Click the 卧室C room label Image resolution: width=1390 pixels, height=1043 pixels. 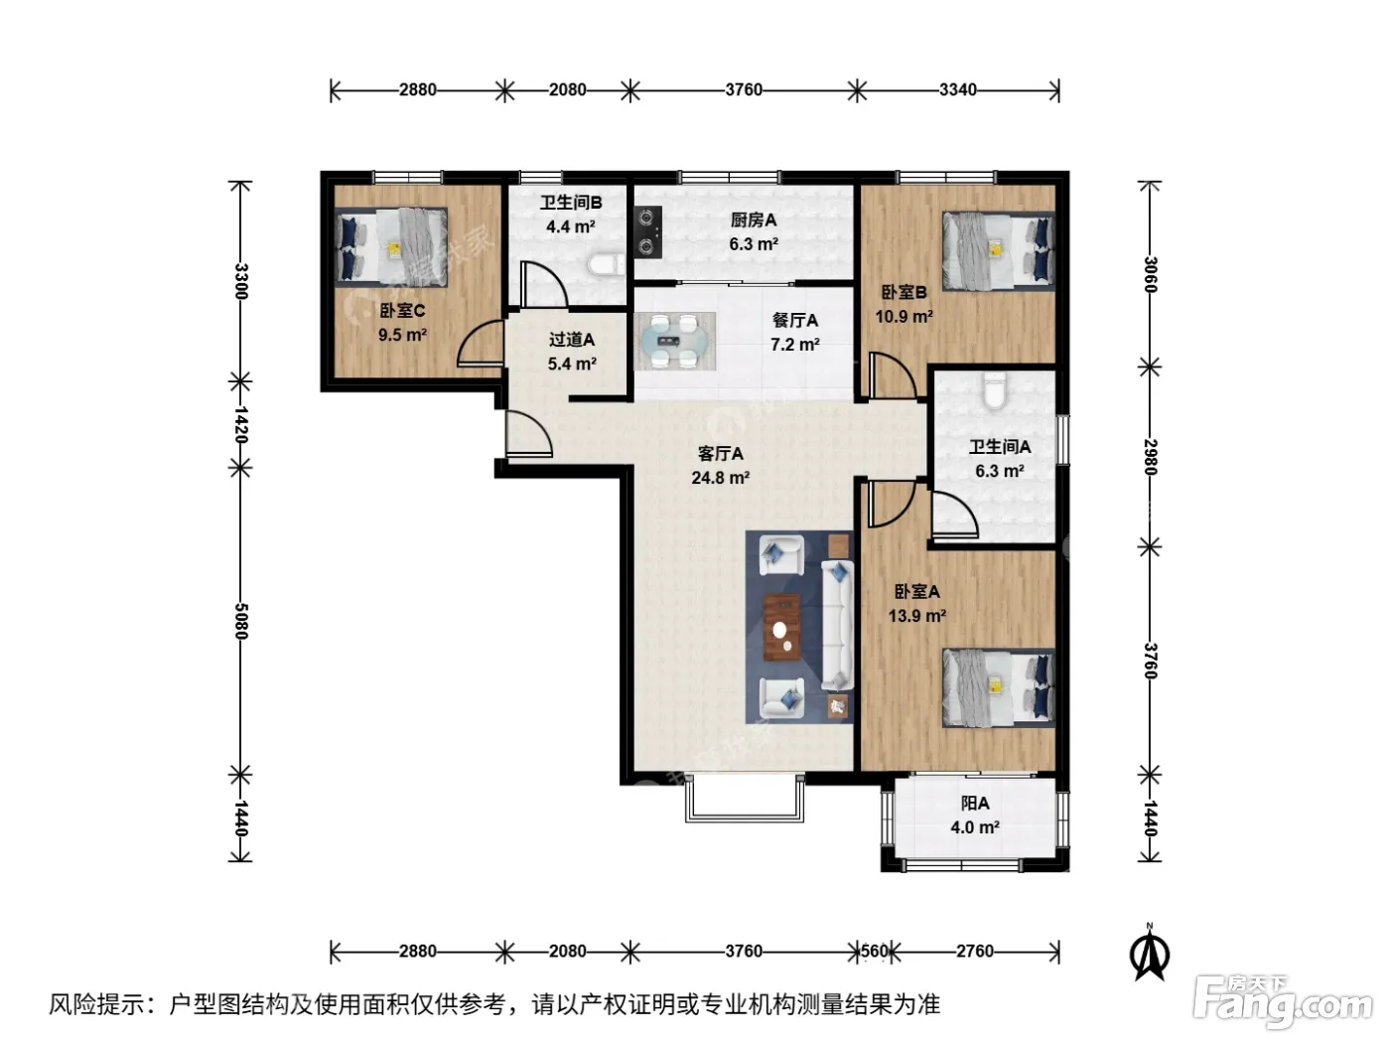[x=402, y=311]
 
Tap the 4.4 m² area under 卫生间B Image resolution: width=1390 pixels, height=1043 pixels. [x=571, y=226]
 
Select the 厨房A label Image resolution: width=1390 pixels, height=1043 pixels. [x=753, y=220]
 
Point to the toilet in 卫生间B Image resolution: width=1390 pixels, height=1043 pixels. [x=606, y=265]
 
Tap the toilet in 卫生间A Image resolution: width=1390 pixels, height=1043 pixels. [x=994, y=389]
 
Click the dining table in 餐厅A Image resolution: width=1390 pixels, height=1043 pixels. [x=675, y=342]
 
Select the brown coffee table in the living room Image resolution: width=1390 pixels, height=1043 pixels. [x=782, y=628]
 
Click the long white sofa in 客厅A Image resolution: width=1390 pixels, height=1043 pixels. [x=837, y=625]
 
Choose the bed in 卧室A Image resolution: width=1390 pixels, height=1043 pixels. [x=998, y=687]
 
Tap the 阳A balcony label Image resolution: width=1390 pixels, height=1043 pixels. [x=975, y=804]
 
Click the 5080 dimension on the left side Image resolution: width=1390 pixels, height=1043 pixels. [x=240, y=621]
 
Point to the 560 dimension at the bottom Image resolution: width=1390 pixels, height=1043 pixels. [x=875, y=952]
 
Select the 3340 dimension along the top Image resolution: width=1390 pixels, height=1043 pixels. [x=957, y=90]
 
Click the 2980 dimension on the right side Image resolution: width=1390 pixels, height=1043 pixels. [x=1150, y=457]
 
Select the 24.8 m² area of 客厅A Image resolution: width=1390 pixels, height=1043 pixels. [x=720, y=478]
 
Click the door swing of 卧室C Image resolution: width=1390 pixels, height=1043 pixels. [x=480, y=343]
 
